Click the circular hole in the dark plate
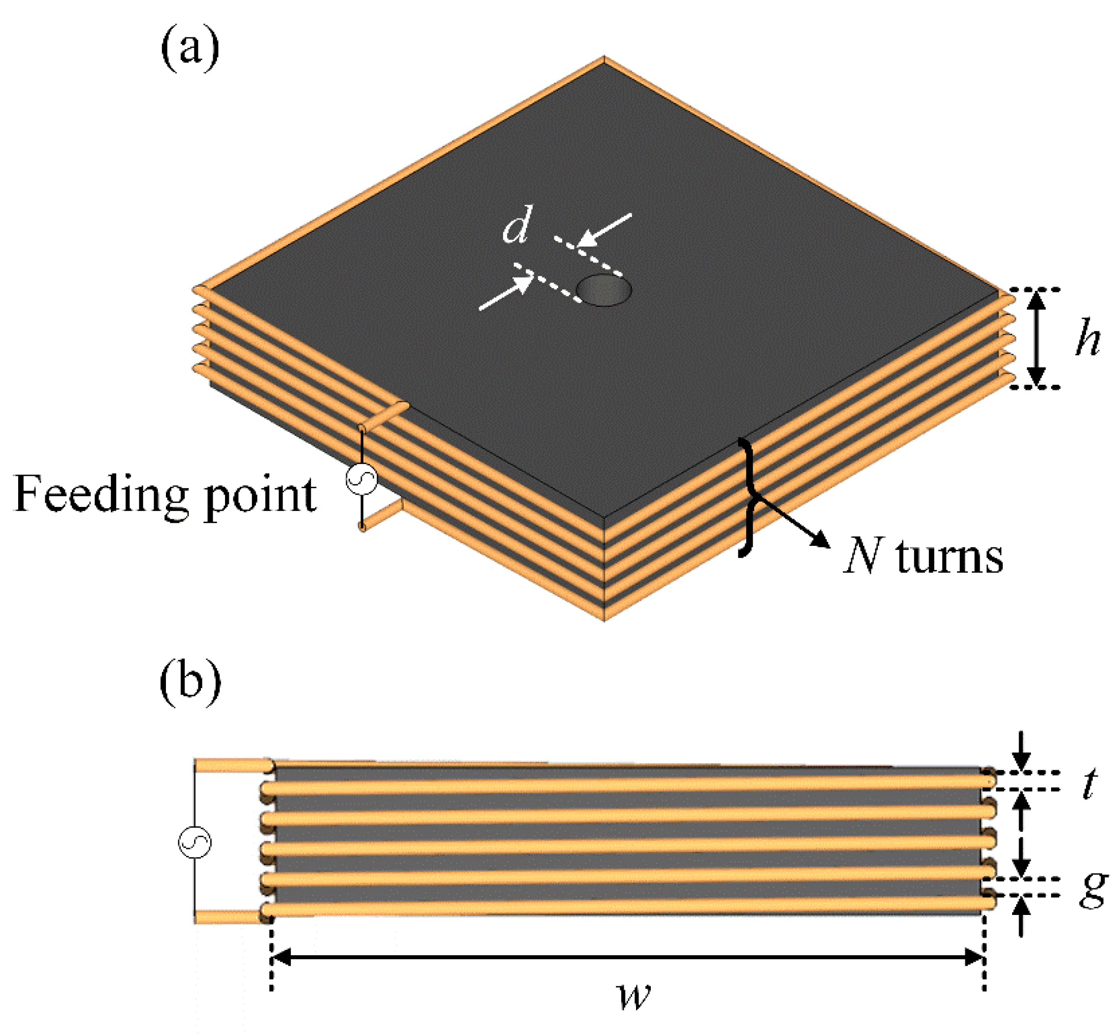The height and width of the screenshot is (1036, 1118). coord(604,290)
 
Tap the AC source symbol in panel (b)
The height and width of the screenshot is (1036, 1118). coord(194,842)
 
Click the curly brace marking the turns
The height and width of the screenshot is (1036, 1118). coord(748,496)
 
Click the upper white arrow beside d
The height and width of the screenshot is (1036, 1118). coord(606,230)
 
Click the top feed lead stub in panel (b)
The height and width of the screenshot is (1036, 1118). coord(233,765)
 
